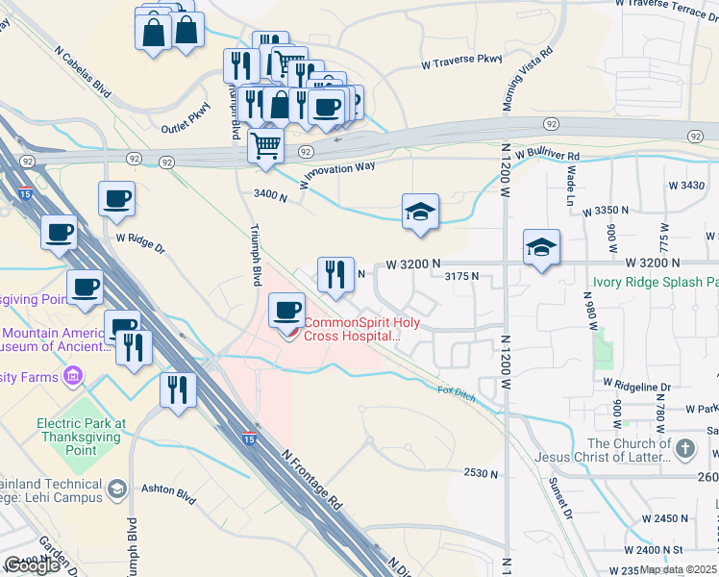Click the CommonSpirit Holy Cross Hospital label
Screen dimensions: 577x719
352,329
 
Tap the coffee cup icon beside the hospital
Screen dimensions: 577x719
286,311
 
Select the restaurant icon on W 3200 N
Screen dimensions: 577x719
335,275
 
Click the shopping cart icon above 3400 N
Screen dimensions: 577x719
265,147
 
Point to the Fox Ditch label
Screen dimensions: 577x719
456,393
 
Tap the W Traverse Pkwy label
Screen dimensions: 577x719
461,63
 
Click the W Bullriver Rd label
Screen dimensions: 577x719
547,154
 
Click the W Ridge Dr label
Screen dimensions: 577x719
140,240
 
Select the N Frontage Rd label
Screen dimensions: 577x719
312,475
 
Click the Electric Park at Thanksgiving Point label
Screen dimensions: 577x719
81,430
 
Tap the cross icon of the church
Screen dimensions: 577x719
684,448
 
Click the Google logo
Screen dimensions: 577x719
31,565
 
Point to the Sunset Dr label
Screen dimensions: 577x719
560,498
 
